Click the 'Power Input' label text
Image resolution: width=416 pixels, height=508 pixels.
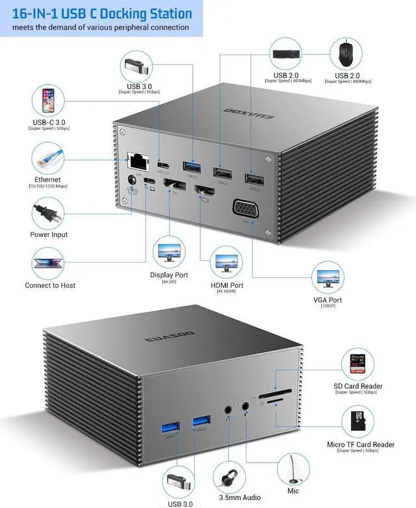click(49, 235)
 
